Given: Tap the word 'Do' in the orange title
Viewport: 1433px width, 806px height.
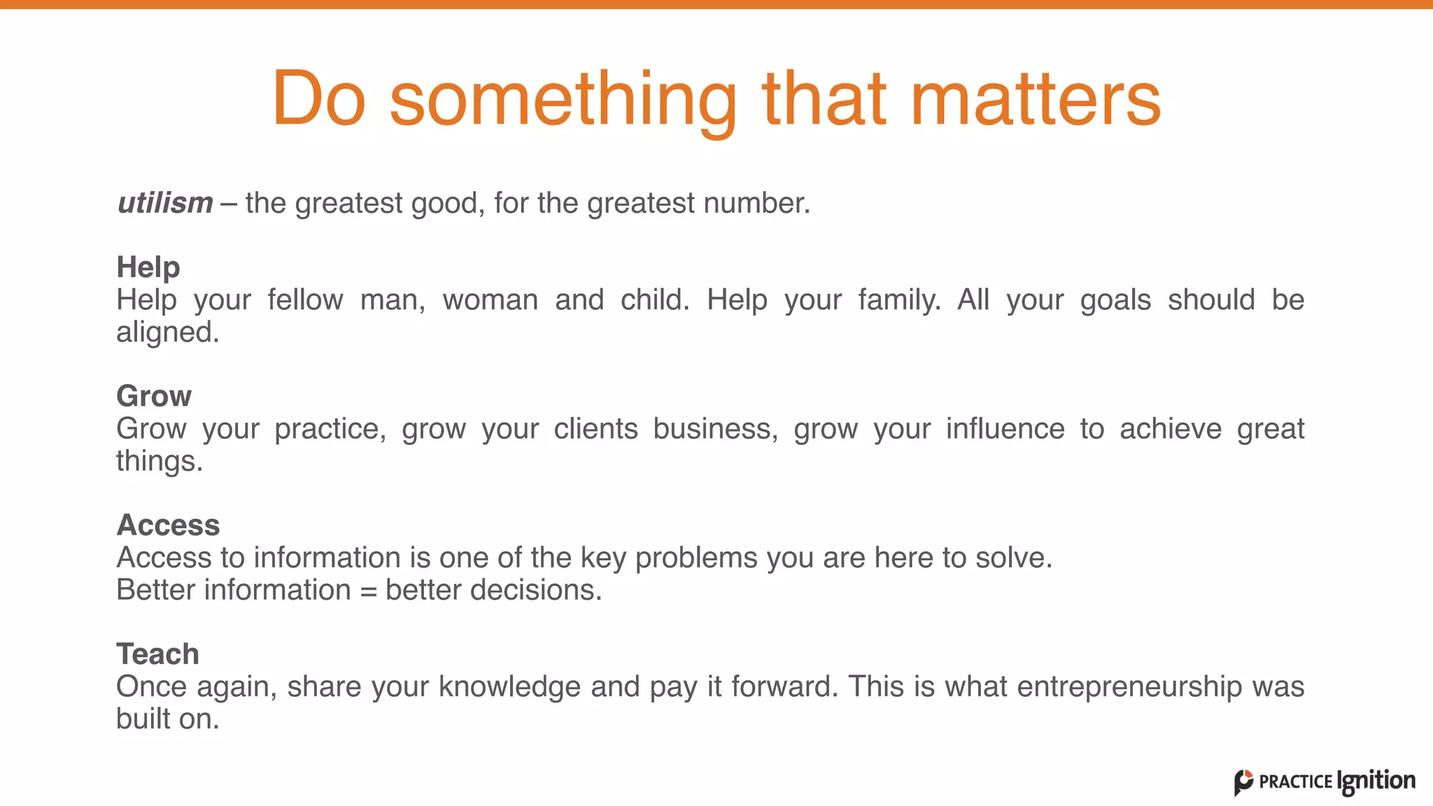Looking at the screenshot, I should pyautogui.click(x=319, y=99).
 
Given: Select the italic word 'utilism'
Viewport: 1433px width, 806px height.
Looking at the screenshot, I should pyautogui.click(x=165, y=203).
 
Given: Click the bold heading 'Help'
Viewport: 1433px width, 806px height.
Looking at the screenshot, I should pyautogui.click(x=148, y=267).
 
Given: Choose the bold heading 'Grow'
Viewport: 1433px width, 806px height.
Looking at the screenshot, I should pyautogui.click(x=154, y=396).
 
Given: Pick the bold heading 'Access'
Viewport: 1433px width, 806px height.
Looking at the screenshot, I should pyautogui.click(x=168, y=525).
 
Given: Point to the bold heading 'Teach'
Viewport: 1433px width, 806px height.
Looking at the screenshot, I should pyautogui.click(x=157, y=654).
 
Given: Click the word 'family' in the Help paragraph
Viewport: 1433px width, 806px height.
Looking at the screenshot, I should pyautogui.click(x=898, y=301).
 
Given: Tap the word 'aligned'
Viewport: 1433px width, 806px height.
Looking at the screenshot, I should pyautogui.click(x=167, y=333).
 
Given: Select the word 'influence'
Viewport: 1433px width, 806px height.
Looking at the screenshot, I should pyautogui.click(x=1005, y=429).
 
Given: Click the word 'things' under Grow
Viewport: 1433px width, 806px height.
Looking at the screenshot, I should pyautogui.click(x=158, y=461).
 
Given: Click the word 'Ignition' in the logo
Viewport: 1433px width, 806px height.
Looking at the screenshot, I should pyautogui.click(x=1376, y=781).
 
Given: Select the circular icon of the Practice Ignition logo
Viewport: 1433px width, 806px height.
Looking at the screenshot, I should pyautogui.click(x=1243, y=782).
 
